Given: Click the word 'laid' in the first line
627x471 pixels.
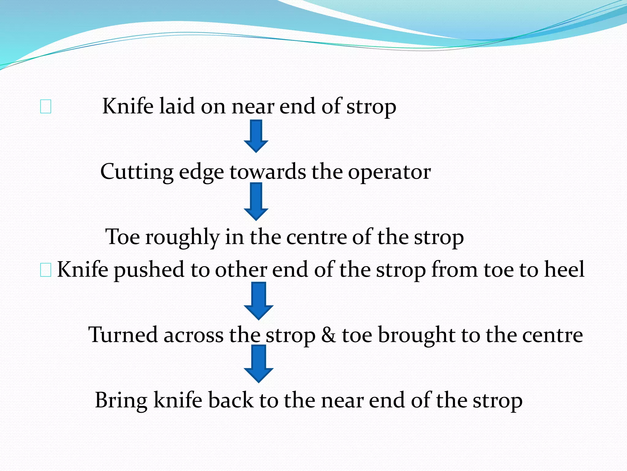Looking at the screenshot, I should pyautogui.click(x=177, y=106).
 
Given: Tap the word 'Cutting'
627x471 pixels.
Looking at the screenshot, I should pyautogui.click(x=137, y=172).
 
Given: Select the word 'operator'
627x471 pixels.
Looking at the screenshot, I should pyautogui.click(x=389, y=172).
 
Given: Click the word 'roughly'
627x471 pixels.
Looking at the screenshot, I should pyautogui.click(x=182, y=237).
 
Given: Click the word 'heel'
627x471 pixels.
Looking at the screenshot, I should pyautogui.click(x=564, y=269).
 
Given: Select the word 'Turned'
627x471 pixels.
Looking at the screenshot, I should pyautogui.click(x=122, y=335).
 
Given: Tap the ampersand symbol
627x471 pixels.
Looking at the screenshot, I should pyautogui.click(x=329, y=335).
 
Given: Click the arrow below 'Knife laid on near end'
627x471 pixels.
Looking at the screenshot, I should pyautogui.click(x=256, y=136).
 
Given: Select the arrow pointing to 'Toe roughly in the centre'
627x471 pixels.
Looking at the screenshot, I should pyautogui.click(x=256, y=201).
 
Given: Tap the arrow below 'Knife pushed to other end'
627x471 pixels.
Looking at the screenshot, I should pyautogui.click(x=258, y=301).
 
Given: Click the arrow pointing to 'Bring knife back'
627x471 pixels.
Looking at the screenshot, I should pyautogui.click(x=258, y=363).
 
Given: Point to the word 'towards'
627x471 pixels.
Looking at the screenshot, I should pyautogui.click(x=268, y=172).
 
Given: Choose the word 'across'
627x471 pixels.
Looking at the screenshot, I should pyautogui.click(x=193, y=335).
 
